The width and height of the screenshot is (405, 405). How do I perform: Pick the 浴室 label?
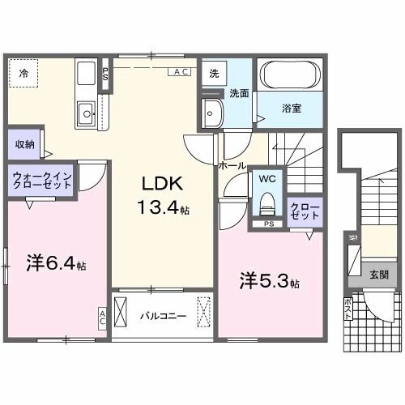292,109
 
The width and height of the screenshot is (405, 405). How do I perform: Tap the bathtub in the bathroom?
291,77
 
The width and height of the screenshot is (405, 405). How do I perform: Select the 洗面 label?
239,93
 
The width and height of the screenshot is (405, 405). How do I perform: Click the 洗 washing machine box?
214,73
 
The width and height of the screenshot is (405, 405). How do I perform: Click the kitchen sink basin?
85,113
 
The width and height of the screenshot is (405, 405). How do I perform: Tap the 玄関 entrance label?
378,275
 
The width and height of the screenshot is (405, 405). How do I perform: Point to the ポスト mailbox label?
348,310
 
